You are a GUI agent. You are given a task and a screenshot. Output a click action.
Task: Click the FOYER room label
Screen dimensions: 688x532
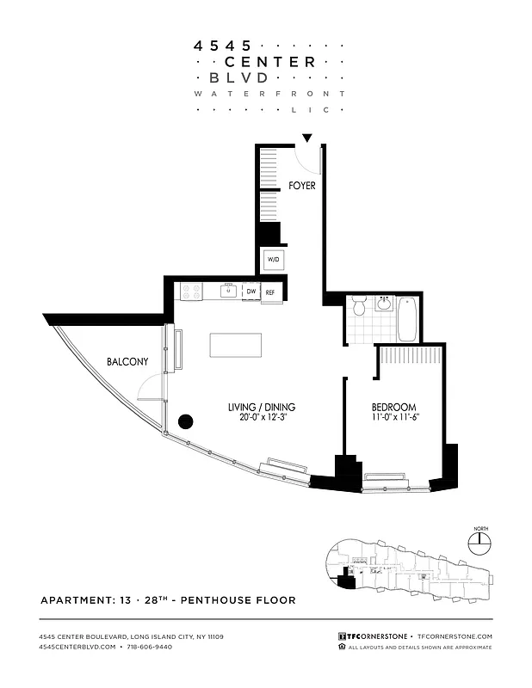301,185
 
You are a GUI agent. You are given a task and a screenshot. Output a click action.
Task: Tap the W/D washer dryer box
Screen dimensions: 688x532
273,258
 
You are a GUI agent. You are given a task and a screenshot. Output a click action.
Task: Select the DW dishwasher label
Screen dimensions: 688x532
251,292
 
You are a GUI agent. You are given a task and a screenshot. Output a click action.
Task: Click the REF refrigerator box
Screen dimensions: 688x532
270,292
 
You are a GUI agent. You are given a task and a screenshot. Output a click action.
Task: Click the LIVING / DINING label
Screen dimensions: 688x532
262,407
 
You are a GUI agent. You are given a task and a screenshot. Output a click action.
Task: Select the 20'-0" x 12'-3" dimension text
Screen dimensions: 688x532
262,419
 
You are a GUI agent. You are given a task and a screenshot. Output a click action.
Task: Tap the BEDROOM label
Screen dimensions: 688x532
393,407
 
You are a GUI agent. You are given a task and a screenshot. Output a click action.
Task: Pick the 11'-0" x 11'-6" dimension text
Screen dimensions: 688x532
393,419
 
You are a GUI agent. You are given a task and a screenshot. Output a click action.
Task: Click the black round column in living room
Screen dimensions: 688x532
185,421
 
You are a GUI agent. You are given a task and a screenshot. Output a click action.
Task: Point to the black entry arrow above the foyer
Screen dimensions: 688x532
307,138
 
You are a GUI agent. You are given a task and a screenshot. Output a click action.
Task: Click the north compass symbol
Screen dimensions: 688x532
479,542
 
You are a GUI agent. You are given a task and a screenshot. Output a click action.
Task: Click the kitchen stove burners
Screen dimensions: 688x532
189,292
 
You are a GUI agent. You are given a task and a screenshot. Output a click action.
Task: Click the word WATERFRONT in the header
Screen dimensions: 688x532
269,93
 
